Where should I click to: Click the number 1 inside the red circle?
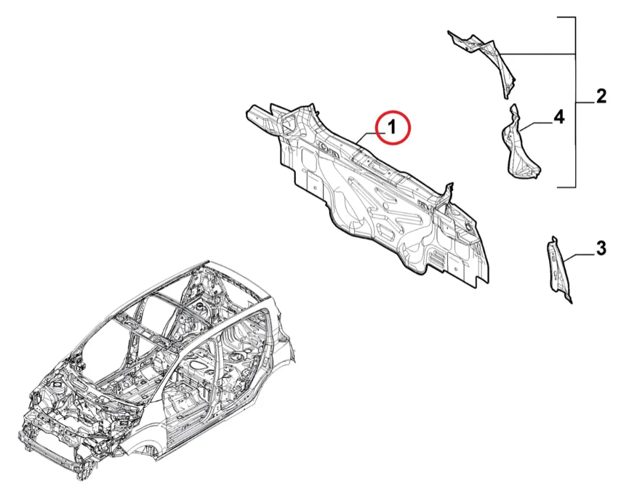(392, 127)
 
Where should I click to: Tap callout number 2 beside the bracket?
(601, 97)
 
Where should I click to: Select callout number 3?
(601, 248)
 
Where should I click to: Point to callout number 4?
(558, 118)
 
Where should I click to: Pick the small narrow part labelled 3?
(558, 270)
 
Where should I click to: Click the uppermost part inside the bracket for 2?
(484, 60)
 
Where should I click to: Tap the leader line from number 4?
(537, 126)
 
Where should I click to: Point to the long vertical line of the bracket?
(576, 102)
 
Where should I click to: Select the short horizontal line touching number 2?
(585, 103)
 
